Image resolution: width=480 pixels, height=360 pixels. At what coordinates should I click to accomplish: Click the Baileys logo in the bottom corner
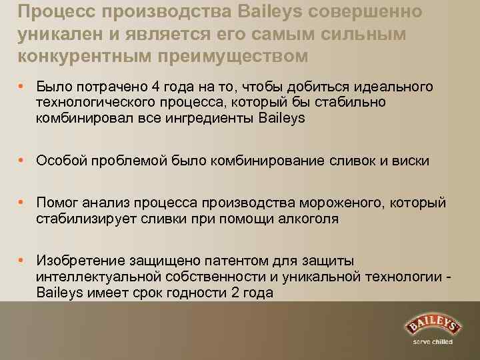(x=433, y=326)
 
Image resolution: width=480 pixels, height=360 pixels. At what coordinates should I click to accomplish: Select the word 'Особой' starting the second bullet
(x=59, y=161)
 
